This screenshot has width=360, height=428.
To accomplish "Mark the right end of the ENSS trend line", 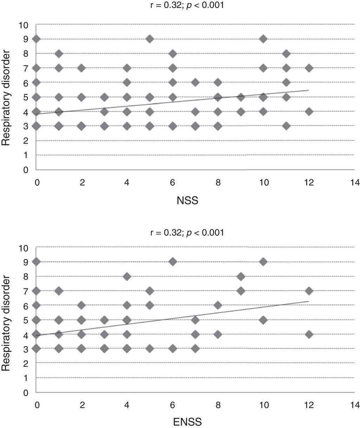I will (x=309, y=301).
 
